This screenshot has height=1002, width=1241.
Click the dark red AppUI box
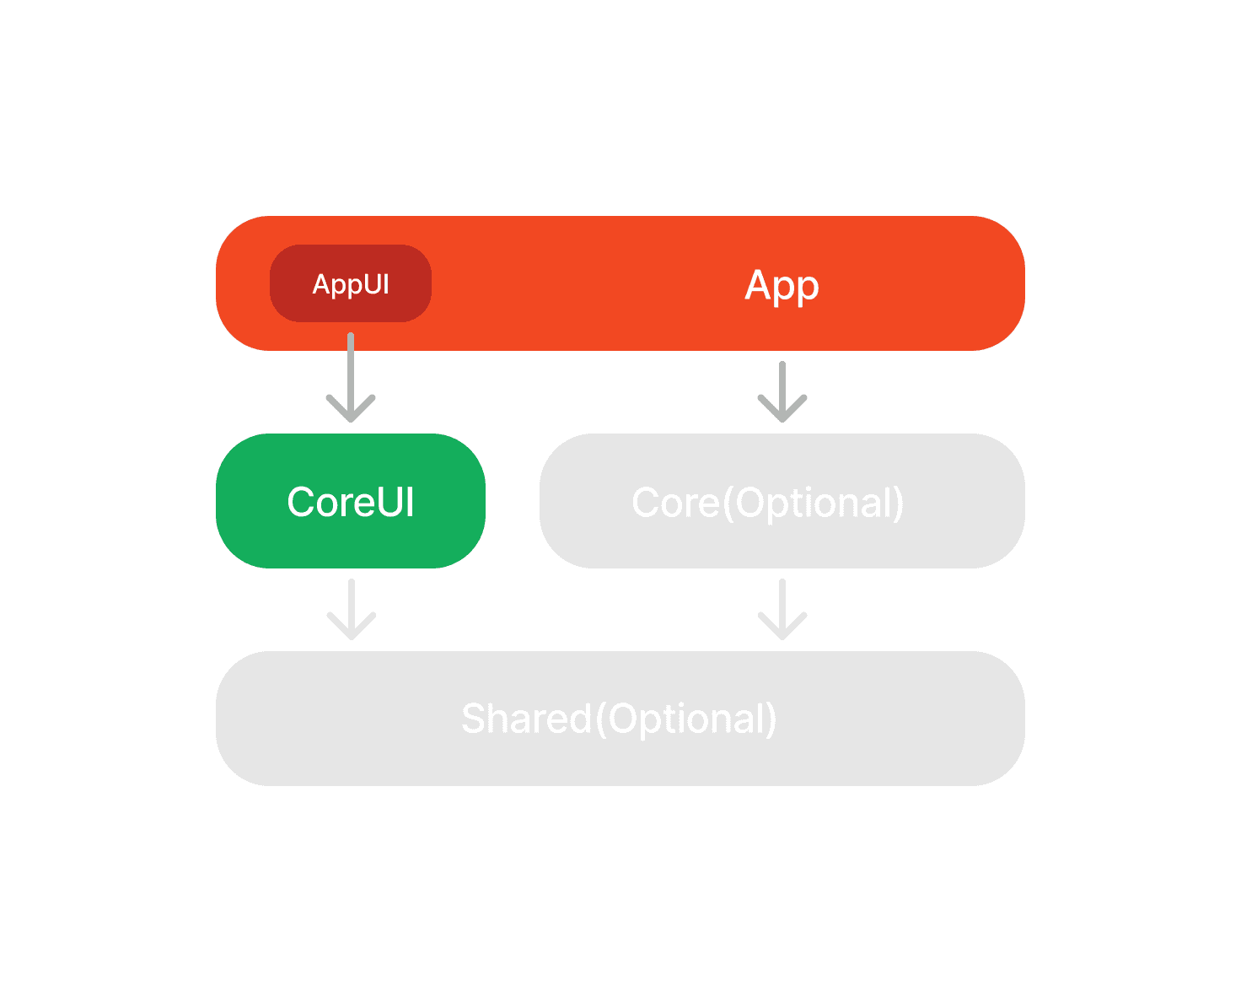[x=350, y=283]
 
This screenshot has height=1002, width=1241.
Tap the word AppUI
[x=350, y=284]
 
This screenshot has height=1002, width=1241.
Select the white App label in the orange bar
[x=782, y=286]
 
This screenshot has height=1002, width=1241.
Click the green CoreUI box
[x=350, y=500]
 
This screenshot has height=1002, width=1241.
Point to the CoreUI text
[x=350, y=501]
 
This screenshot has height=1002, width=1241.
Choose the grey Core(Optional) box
[x=782, y=500]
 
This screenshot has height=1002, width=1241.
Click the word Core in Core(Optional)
[x=676, y=502]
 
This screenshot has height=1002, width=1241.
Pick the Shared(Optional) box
[x=620, y=718]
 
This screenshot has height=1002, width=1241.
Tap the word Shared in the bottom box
[x=526, y=718]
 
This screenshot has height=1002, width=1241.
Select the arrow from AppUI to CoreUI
[x=350, y=377]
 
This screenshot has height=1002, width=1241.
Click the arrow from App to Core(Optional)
[x=782, y=391]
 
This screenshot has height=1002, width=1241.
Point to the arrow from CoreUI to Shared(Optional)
[x=352, y=609]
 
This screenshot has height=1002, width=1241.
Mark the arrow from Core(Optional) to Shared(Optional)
[x=782, y=609]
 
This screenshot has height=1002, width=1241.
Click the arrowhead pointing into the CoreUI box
[x=350, y=409]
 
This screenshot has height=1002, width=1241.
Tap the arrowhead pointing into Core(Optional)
[x=782, y=409]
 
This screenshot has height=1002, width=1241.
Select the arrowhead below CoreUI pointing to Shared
[x=352, y=627]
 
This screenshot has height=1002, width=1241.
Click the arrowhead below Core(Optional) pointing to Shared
[x=782, y=627]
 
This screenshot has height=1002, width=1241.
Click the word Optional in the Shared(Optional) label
[x=686, y=719]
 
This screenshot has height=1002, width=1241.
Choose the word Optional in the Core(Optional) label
[x=814, y=503]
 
